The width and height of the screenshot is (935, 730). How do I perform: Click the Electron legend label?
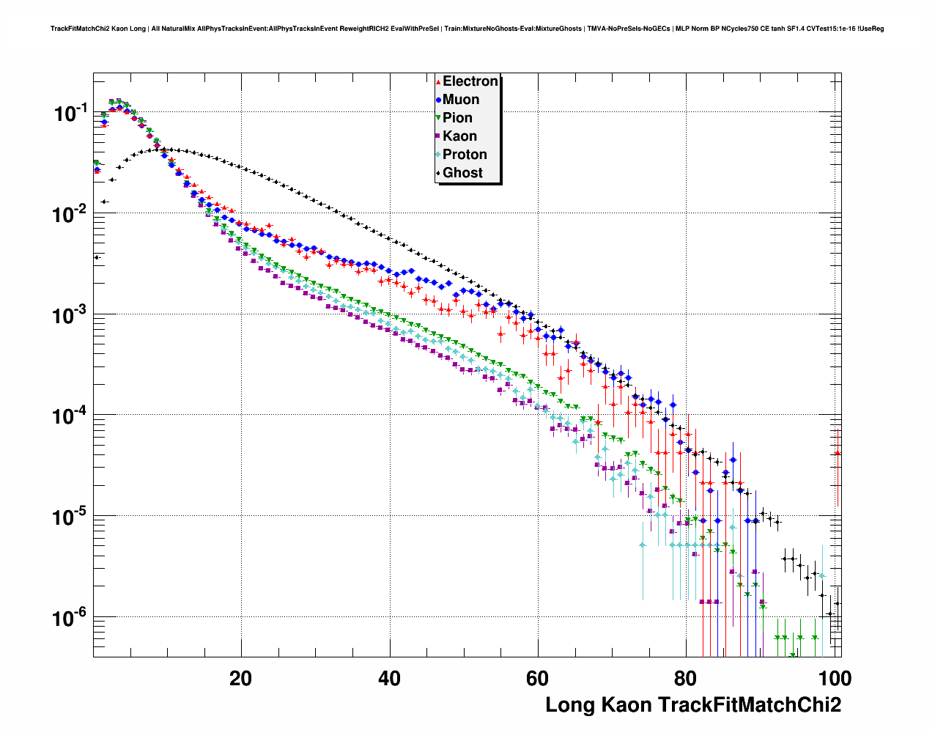tap(470, 81)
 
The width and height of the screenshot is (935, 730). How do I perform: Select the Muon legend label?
tap(461, 100)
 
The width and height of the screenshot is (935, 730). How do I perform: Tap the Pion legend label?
tap(457, 118)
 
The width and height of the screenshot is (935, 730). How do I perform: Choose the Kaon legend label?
tap(459, 136)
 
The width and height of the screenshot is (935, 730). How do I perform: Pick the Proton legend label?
tap(465, 155)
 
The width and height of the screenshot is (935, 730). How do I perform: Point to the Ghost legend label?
tap(462, 173)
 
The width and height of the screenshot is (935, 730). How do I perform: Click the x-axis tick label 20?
tap(240, 679)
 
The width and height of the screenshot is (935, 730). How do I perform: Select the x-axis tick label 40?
tap(389, 679)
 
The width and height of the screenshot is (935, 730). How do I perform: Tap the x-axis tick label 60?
tap(538, 679)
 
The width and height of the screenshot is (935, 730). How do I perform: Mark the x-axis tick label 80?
tap(686, 679)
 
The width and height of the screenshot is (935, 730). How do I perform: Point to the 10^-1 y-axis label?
tap(71, 113)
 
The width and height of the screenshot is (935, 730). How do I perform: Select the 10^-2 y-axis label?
tap(71, 214)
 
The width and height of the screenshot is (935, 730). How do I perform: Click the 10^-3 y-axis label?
tap(71, 315)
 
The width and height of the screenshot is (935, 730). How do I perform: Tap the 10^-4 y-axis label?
tap(71, 416)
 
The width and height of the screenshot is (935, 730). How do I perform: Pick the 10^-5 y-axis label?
tap(71, 517)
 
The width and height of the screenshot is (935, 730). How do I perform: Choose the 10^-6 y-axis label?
tap(71, 619)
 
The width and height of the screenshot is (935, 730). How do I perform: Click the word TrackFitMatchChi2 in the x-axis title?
tap(749, 705)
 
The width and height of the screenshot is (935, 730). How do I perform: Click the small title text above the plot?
tap(467, 29)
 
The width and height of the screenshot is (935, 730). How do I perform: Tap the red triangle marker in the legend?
tap(438, 81)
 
